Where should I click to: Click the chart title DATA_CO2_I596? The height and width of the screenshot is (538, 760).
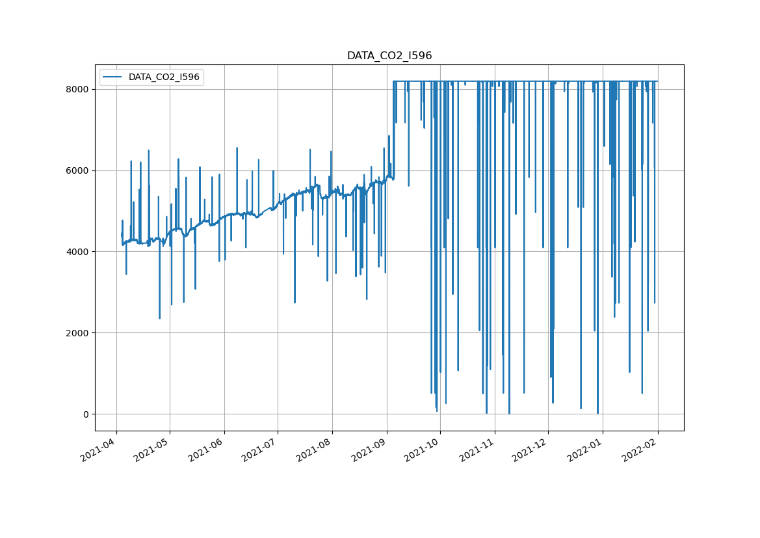click(x=389, y=56)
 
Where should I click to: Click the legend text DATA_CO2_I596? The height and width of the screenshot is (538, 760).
click(x=164, y=77)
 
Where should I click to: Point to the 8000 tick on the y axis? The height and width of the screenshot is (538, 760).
click(x=78, y=89)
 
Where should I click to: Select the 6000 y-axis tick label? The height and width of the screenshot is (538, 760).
click(x=78, y=170)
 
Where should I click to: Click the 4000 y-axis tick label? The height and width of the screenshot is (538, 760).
click(x=78, y=252)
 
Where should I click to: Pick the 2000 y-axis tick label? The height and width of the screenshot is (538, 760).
click(x=78, y=333)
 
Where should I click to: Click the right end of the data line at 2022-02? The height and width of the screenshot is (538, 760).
click(x=657, y=81)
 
